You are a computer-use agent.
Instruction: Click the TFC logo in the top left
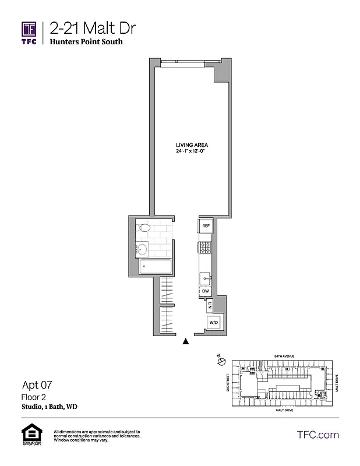click(x=29, y=32)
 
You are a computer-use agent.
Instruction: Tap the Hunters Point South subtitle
click(x=86, y=42)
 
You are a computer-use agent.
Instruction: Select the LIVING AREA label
click(x=192, y=145)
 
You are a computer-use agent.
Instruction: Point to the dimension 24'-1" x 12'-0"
click(x=192, y=151)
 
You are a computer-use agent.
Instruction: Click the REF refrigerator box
click(x=206, y=226)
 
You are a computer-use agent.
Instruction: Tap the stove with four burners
click(x=206, y=248)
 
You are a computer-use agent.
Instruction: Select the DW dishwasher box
click(x=206, y=291)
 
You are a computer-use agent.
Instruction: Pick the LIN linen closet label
click(x=209, y=305)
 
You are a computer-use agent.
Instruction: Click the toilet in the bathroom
click(x=145, y=228)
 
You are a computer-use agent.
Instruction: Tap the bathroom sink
click(x=142, y=250)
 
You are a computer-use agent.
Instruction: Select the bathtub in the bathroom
click(x=156, y=268)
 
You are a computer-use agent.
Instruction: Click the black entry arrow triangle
click(x=186, y=342)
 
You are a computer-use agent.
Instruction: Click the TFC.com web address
click(x=317, y=435)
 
